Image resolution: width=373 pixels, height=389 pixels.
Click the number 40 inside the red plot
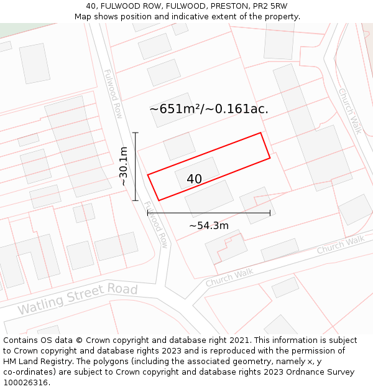[x=194, y=179]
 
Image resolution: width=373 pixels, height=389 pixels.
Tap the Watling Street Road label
[x=77, y=299]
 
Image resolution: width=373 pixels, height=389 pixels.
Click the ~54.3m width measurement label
[x=209, y=225]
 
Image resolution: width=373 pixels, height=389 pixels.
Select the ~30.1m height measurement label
[x=124, y=166]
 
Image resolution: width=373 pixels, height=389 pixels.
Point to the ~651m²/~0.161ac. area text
[x=209, y=109]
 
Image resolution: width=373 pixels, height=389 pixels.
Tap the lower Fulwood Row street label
[x=156, y=225]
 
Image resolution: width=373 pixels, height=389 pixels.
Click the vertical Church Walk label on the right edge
[x=350, y=111]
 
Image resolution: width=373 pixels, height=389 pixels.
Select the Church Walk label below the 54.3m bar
[x=229, y=278]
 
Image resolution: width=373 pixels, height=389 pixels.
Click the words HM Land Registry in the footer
[x=35, y=361]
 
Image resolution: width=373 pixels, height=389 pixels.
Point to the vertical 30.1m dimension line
[x=136, y=166]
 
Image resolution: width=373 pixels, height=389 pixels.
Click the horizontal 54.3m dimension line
[x=209, y=213]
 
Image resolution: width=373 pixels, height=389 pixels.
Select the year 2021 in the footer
[x=239, y=340]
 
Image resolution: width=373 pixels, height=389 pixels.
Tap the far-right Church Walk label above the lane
[x=340, y=245]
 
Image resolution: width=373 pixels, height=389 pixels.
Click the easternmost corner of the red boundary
[x=270, y=157]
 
